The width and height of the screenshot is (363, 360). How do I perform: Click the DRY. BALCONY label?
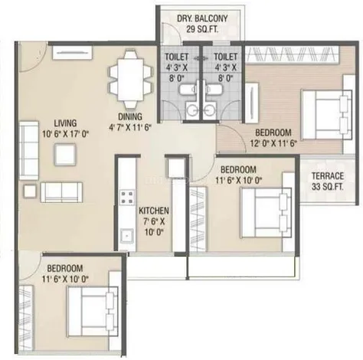click(x=202, y=18)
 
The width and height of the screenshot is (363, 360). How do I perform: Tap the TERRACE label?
click(x=328, y=176)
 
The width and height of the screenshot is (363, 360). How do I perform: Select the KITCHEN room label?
click(x=154, y=211)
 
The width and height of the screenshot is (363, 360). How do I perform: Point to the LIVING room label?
click(x=65, y=123)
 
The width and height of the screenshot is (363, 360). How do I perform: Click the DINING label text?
click(x=130, y=116)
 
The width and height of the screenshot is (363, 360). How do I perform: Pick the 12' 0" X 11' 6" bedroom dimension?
click(x=273, y=143)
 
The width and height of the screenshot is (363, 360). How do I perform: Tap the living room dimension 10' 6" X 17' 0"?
click(x=65, y=134)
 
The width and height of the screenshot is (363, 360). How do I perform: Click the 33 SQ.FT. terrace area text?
click(x=328, y=187)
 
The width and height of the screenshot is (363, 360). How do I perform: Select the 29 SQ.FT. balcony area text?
click(x=202, y=29)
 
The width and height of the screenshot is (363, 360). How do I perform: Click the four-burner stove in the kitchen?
click(x=127, y=197)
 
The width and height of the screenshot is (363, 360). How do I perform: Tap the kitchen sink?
click(x=127, y=237)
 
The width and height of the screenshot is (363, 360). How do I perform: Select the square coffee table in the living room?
click(x=65, y=155)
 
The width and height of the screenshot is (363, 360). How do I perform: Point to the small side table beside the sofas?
click(x=30, y=191)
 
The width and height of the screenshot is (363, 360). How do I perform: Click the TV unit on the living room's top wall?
click(x=72, y=53)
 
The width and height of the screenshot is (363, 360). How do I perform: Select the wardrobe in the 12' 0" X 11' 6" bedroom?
click(x=292, y=54)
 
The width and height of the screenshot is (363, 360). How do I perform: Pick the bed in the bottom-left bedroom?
click(x=93, y=312)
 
